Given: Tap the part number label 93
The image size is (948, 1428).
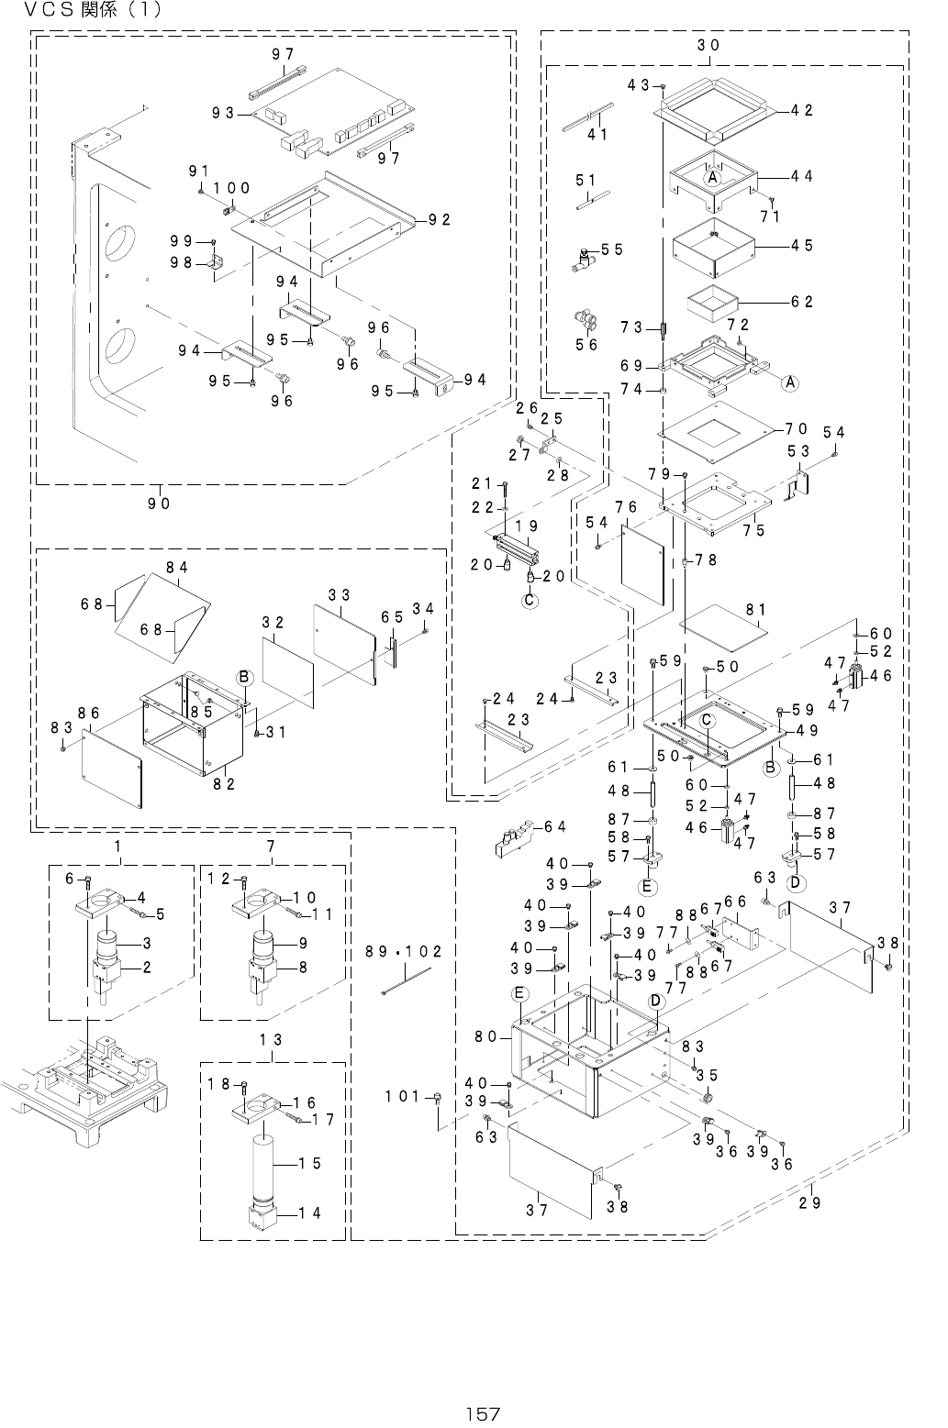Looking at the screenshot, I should click(x=223, y=113).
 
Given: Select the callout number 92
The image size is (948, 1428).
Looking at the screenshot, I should click(x=439, y=220).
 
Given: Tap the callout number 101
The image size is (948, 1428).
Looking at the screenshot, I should click(x=402, y=1095).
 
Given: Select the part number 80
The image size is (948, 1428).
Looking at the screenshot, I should click(x=487, y=1037).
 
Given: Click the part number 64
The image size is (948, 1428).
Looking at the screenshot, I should click(x=554, y=826).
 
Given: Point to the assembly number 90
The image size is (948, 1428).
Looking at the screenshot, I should click(x=159, y=503).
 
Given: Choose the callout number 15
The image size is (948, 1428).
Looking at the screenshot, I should click(x=310, y=1163).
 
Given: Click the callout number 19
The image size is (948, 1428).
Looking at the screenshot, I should click(x=526, y=526).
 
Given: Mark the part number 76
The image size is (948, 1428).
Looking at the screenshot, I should click(x=626, y=507).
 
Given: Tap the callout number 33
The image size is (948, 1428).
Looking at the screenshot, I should click(x=340, y=595).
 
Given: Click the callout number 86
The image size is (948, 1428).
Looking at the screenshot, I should click(x=88, y=712).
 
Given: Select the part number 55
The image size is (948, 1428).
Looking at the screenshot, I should click(x=612, y=249).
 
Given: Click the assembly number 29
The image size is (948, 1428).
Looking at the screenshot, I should click(x=809, y=1202).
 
